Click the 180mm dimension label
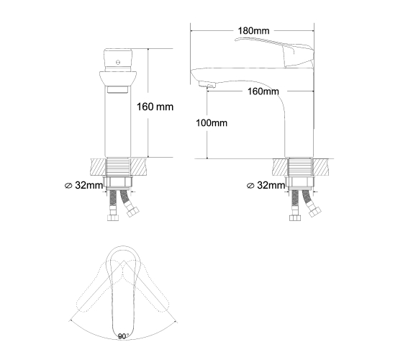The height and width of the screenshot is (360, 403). [253, 30]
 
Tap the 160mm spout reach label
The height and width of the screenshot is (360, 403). [263, 91]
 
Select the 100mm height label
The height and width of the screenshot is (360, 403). [212, 123]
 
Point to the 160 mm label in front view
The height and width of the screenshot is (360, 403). [155, 107]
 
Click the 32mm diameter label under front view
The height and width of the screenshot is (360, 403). [83, 185]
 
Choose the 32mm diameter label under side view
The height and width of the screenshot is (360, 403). [266, 185]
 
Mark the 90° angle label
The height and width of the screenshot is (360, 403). [123, 336]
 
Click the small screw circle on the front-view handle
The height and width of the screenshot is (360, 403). [118, 62]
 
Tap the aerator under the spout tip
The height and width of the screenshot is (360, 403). [207, 84]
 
